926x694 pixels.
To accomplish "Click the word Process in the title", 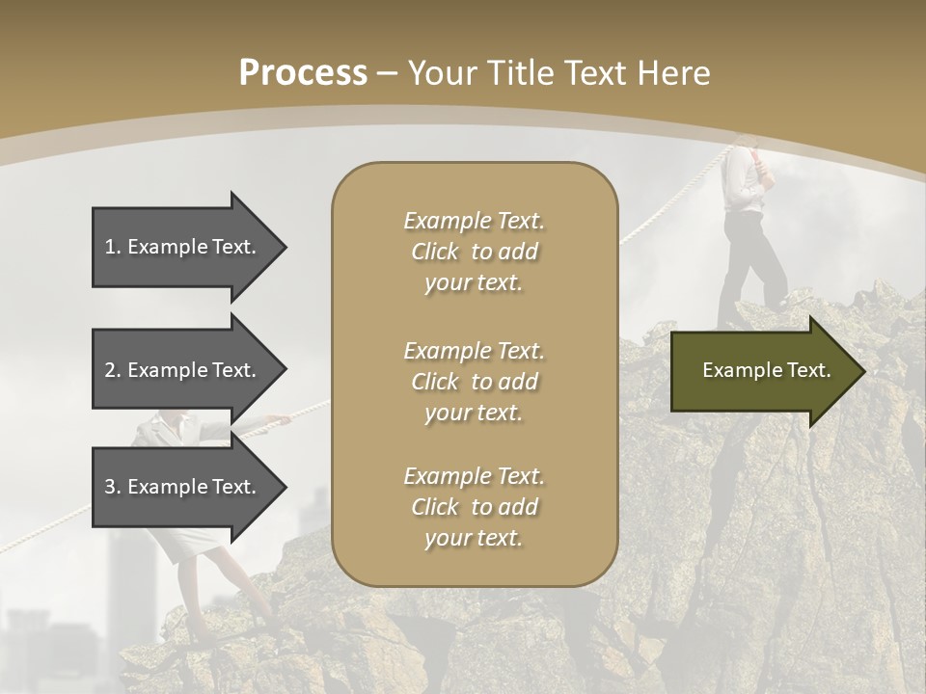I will pyautogui.click(x=303, y=72).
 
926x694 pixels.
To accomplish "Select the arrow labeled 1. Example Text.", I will pyautogui.click(x=183, y=247).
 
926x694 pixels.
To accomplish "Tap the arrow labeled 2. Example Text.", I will pyautogui.click(x=183, y=370).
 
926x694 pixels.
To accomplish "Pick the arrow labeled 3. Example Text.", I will pyautogui.click(x=183, y=487).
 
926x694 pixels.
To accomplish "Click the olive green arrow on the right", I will pyautogui.click(x=762, y=370).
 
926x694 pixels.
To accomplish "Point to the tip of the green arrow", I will pyautogui.click(x=862, y=370).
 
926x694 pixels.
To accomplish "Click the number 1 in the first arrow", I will pyautogui.click(x=110, y=247).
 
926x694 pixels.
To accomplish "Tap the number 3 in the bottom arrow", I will pyautogui.click(x=110, y=487).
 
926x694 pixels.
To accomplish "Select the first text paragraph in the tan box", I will pyautogui.click(x=474, y=252).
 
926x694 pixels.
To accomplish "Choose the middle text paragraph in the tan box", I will pyautogui.click(x=474, y=382).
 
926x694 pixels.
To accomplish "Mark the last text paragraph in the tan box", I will pyautogui.click(x=474, y=507).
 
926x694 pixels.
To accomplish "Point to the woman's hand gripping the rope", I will pyautogui.click(x=279, y=419).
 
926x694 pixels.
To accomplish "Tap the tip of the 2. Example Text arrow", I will pyautogui.click(x=285, y=370).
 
